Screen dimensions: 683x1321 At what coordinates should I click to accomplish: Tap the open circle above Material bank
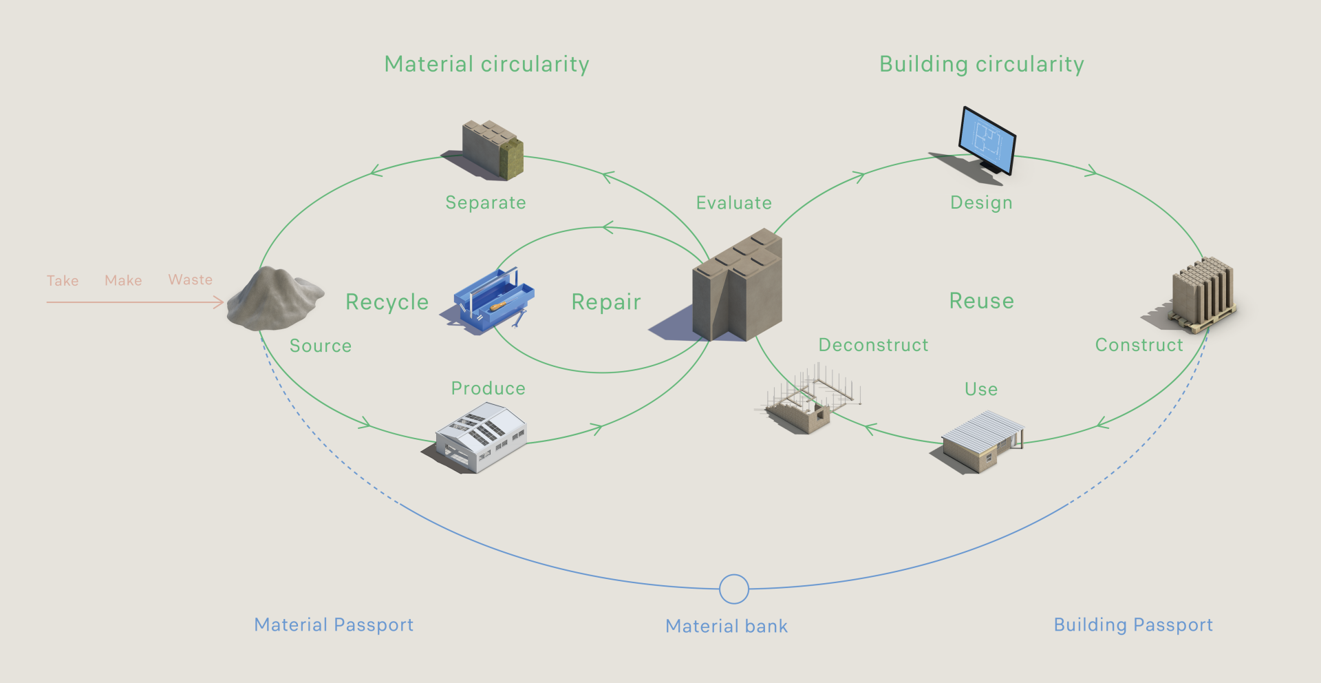pyautogui.click(x=733, y=589)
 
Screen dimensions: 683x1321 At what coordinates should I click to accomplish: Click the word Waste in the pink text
pyautogui.click(x=191, y=280)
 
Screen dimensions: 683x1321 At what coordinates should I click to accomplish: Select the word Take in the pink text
pyautogui.click(x=63, y=281)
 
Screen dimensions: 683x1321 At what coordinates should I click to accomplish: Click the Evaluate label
pyautogui.click(x=733, y=203)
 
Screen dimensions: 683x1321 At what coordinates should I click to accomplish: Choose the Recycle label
pyautogui.click(x=387, y=302)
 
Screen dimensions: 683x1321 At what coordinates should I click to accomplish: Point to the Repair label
pyautogui.click(x=606, y=302)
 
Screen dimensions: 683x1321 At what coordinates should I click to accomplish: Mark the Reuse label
pyautogui.click(x=981, y=301)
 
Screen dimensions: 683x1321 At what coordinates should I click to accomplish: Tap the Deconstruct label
pyautogui.click(x=873, y=345)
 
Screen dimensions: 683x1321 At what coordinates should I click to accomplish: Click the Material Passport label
pyautogui.click(x=334, y=625)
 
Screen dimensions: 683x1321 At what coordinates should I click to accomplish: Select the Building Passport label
pyautogui.click(x=1133, y=625)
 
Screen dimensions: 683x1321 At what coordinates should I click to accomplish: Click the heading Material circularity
pyautogui.click(x=486, y=65)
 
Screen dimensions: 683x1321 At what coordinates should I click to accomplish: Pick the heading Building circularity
pyautogui.click(x=982, y=65)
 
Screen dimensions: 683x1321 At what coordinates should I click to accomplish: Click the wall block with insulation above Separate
pyautogui.click(x=492, y=149)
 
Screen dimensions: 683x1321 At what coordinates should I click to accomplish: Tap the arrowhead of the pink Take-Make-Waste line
pyautogui.click(x=220, y=302)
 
